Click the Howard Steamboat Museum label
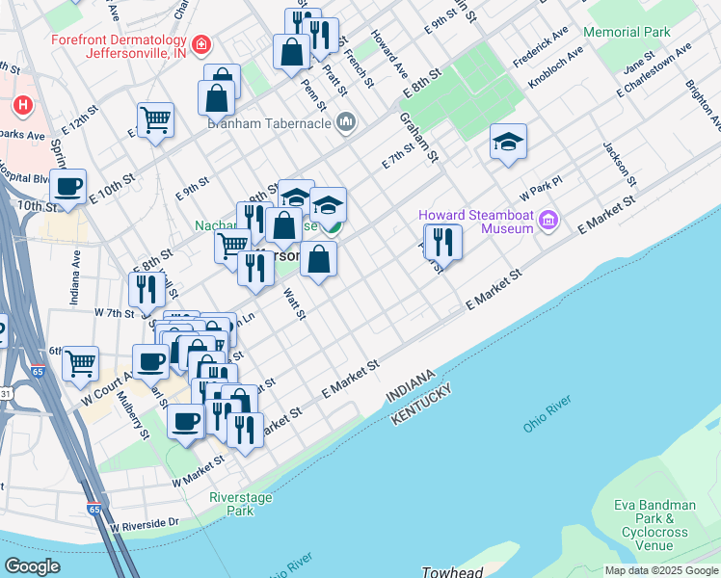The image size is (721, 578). pos(476,221)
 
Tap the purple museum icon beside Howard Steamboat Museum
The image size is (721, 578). pos(549,222)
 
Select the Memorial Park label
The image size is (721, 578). pos(627,33)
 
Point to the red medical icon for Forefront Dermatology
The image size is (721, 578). pos(201,44)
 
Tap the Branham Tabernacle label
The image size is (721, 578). pos(268,123)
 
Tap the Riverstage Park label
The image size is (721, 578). pos(231,504)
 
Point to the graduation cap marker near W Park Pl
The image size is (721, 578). pos(508,144)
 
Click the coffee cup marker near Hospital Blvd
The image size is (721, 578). pos(67,187)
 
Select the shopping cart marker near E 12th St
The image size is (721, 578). pos(155,120)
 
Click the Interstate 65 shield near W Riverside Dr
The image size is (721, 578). pos(93,509)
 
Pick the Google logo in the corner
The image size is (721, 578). pos(32,566)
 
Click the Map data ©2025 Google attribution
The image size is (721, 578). pos(661,570)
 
